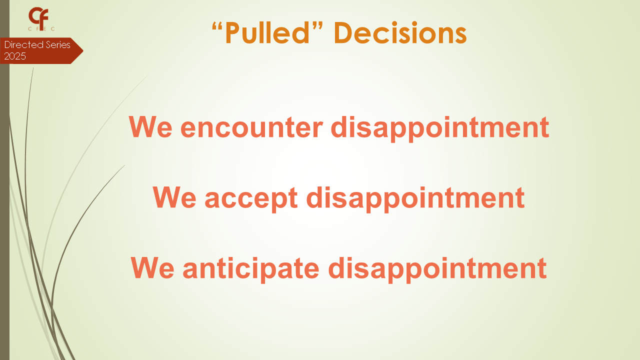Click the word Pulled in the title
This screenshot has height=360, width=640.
(267, 32)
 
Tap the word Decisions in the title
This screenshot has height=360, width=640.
(400, 32)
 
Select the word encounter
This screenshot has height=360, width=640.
(251, 127)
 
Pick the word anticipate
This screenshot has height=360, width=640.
(251, 268)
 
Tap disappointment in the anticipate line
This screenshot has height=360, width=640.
(437, 269)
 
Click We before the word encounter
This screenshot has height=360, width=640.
(150, 127)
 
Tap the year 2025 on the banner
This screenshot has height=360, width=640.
(15, 56)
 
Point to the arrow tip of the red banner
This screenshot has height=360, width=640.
(83, 51)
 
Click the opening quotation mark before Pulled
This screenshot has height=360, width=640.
(217, 26)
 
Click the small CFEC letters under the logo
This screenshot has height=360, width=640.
(41, 29)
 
